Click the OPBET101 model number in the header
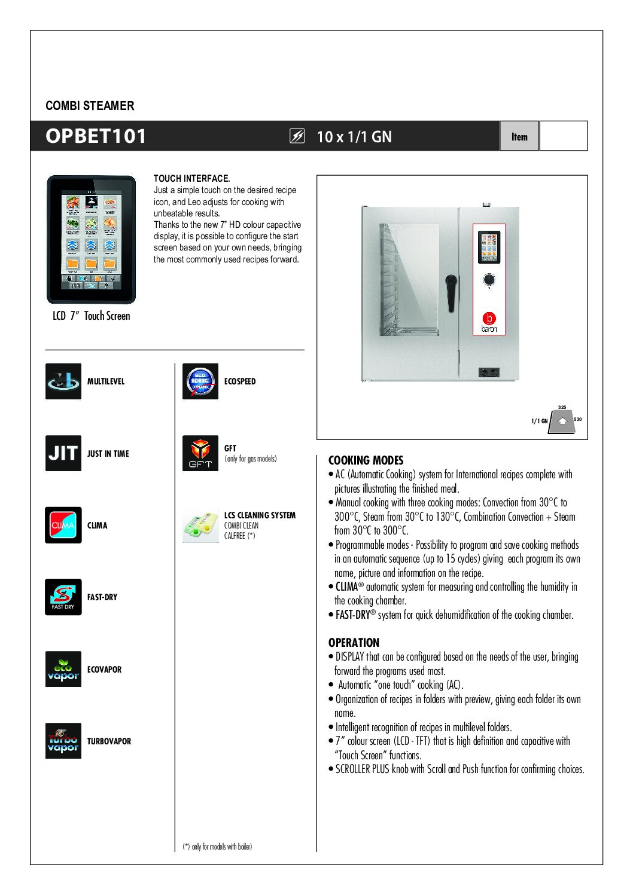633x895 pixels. (x=96, y=136)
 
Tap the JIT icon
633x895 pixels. (x=63, y=453)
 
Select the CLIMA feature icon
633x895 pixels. (x=63, y=525)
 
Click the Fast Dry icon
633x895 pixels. (x=63, y=597)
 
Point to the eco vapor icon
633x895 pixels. (x=63, y=669)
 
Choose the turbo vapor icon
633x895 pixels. (x=63, y=741)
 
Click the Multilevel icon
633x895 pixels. (x=63, y=381)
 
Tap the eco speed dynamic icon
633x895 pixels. (x=200, y=381)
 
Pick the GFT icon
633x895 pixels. (x=200, y=453)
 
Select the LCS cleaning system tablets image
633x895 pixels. (x=200, y=525)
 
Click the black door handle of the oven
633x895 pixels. (x=451, y=293)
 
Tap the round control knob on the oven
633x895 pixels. (x=489, y=279)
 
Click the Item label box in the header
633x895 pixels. (x=519, y=136)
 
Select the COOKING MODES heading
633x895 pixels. (x=366, y=460)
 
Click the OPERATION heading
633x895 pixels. (x=354, y=643)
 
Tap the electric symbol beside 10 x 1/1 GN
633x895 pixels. (x=297, y=136)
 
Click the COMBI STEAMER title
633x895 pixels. (x=90, y=106)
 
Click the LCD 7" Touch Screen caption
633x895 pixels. (x=91, y=316)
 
